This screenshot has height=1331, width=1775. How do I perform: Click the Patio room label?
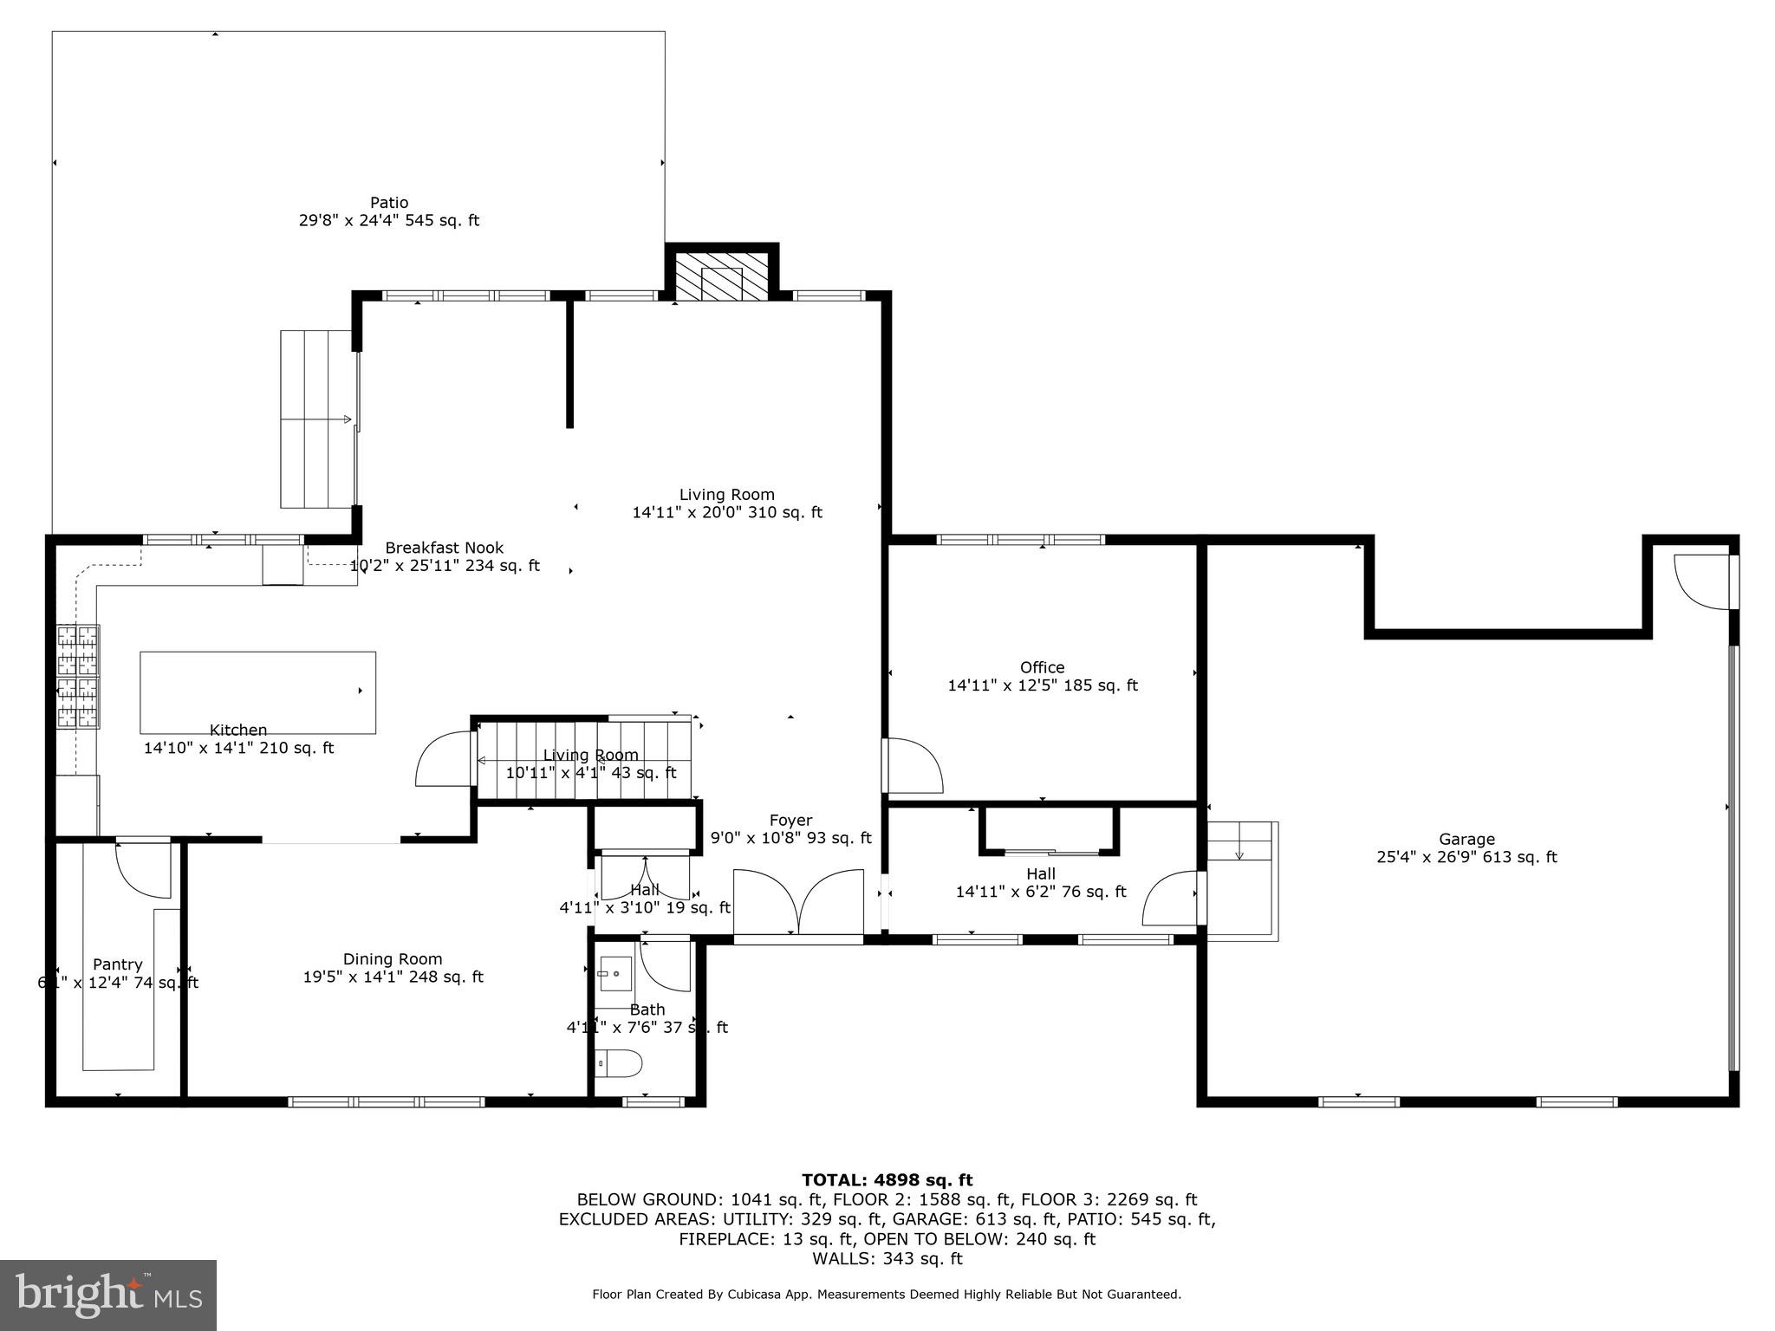point(389,204)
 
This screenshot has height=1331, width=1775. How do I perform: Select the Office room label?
point(1042,668)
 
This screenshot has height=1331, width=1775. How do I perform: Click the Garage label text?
point(1466,840)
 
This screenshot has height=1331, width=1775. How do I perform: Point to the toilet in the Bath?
point(621,1062)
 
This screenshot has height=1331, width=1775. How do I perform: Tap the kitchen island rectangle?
point(257,692)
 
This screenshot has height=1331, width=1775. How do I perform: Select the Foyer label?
point(790,821)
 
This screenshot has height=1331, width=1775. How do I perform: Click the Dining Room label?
point(393,959)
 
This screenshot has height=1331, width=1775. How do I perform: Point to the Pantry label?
point(118,965)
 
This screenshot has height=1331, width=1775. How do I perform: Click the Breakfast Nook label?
point(444,549)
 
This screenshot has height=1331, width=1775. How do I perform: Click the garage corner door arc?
point(1700,582)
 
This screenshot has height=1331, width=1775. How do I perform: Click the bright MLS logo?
point(108,1295)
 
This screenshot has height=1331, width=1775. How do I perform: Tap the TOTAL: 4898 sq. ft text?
point(887,1180)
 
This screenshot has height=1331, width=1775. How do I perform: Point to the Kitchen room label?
point(238,730)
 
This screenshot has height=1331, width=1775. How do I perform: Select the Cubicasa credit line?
point(887,1295)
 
